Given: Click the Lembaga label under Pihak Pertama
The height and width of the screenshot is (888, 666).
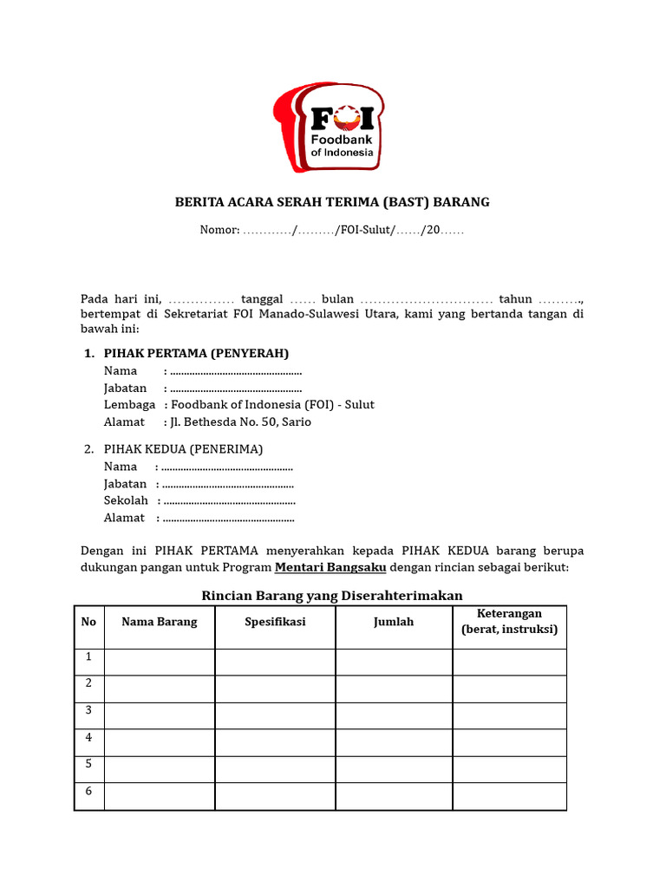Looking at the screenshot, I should coord(129,404).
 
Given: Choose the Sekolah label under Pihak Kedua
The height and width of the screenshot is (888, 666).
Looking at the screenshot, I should coord(126,500).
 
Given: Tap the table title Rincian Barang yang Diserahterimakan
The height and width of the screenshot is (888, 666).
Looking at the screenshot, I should coord(332,595).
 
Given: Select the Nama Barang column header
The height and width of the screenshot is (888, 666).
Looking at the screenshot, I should coord(160,622).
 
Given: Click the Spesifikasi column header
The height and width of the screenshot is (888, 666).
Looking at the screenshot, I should coord(275,622).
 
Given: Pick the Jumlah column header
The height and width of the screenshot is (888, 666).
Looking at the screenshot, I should coord(394,622).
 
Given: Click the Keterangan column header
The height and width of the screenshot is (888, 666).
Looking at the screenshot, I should coord(509,621).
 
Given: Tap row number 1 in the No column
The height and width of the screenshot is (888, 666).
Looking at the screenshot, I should coord(88,657).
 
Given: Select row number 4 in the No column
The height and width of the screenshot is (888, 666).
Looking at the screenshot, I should coord(88,738).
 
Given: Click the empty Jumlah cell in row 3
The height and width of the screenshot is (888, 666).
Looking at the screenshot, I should coord(394,715).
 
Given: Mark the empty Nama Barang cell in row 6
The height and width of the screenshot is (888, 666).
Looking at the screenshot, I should coord(160,796).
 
